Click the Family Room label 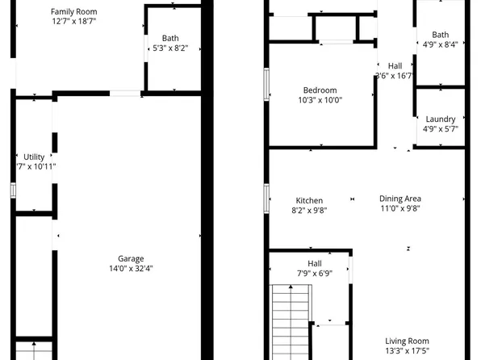tap(73, 11)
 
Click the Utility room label tap(34, 157)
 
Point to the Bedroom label tap(320, 90)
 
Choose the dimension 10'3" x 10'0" tap(320, 100)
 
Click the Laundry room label tap(440, 119)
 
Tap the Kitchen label tap(309, 200)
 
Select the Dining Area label tap(400, 199)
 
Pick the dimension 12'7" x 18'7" tap(73, 22)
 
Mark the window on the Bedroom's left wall tap(266, 82)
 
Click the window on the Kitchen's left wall tap(266, 197)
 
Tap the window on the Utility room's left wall tap(13, 190)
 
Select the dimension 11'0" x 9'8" tap(400, 209)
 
